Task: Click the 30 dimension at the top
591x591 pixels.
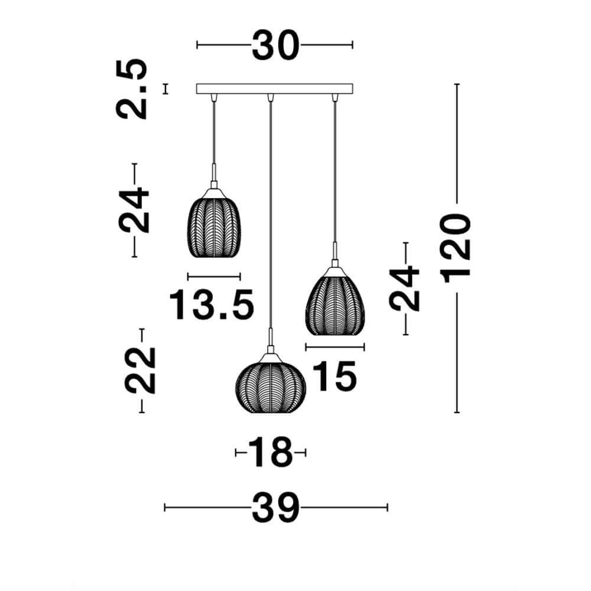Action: (275, 46)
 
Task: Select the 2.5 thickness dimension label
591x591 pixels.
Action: (131, 89)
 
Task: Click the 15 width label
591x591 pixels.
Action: (334, 376)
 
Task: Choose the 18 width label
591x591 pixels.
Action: (270, 453)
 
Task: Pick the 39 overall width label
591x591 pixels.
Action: (275, 508)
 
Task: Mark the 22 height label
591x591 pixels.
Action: (141, 371)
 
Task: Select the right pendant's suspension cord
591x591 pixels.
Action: (335, 171)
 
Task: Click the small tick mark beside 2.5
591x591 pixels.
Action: (166, 89)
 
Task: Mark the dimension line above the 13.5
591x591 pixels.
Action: (214, 276)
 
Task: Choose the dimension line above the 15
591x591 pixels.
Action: (335, 347)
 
